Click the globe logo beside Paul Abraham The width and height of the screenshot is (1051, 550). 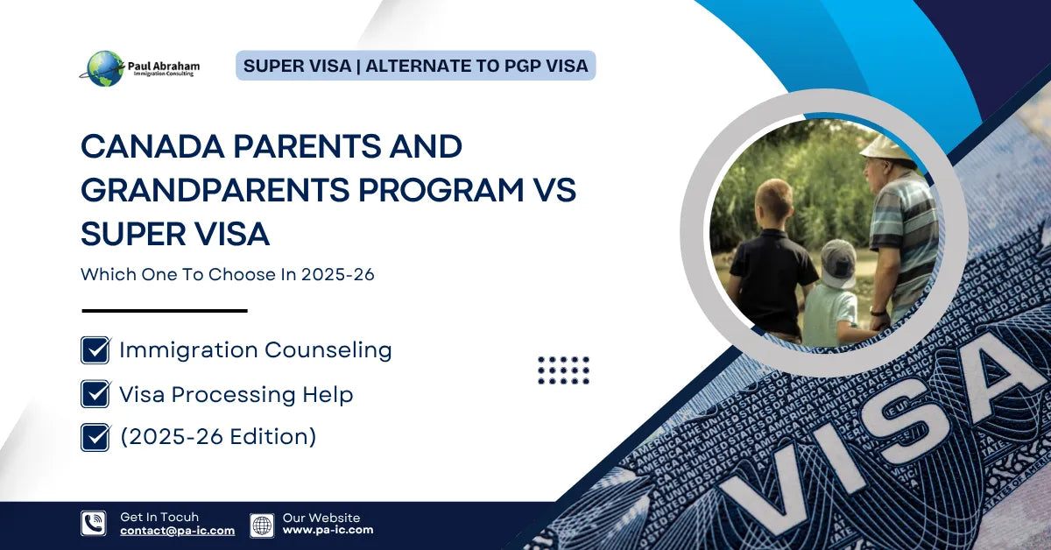point(104,68)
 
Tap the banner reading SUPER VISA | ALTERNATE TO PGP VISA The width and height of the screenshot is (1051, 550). point(416,66)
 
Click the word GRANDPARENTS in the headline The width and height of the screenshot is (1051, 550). point(215,190)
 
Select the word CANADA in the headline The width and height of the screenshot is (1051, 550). point(153,146)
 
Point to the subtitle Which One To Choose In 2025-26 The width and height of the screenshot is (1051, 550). point(228,274)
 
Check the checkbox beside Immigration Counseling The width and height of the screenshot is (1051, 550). point(95,350)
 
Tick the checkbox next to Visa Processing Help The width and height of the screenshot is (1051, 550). point(95,394)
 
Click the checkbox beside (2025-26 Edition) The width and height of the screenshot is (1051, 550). point(95,437)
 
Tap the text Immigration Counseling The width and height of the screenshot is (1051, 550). point(256,350)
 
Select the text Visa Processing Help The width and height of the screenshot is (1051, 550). point(236,394)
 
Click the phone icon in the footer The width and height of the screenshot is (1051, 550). point(94,523)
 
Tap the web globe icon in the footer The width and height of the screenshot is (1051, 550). point(262,525)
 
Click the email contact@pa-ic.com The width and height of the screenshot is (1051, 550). point(177,531)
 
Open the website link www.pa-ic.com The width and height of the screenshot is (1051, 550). point(328,530)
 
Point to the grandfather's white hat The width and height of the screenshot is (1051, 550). point(885,147)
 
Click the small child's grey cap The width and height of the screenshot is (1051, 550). point(838,263)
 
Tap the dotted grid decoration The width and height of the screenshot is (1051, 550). point(563,370)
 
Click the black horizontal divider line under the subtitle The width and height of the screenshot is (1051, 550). point(165,311)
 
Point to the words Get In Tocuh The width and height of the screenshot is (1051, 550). point(159,517)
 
